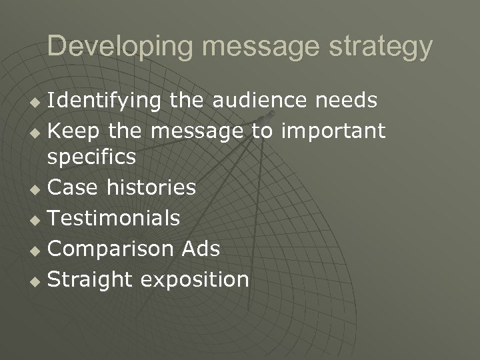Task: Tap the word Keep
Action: tap(73, 131)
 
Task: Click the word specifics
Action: tap(91, 157)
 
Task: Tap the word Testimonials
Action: tap(114, 218)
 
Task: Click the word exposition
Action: tap(195, 279)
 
